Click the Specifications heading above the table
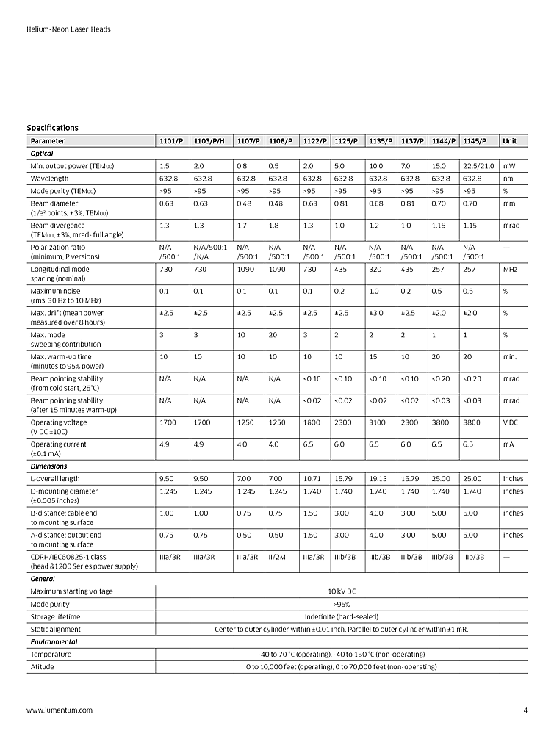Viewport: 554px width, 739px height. (x=53, y=128)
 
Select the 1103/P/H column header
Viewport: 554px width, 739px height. (x=209, y=141)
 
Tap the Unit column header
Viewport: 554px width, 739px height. (x=510, y=141)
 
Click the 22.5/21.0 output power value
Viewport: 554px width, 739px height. (x=478, y=166)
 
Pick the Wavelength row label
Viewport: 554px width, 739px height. (x=50, y=179)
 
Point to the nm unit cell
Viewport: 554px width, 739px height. (x=508, y=179)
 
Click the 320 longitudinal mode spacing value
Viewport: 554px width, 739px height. (x=375, y=270)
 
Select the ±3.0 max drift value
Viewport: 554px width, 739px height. (x=377, y=313)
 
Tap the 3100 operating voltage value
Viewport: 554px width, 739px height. (x=378, y=422)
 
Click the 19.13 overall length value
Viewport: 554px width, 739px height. (x=378, y=479)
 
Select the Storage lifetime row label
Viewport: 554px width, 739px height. (x=55, y=616)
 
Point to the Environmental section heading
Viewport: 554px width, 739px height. (x=54, y=642)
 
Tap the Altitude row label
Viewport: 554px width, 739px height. (x=42, y=667)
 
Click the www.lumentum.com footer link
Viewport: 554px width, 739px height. (x=60, y=710)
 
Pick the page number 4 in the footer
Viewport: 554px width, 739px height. (x=525, y=710)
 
